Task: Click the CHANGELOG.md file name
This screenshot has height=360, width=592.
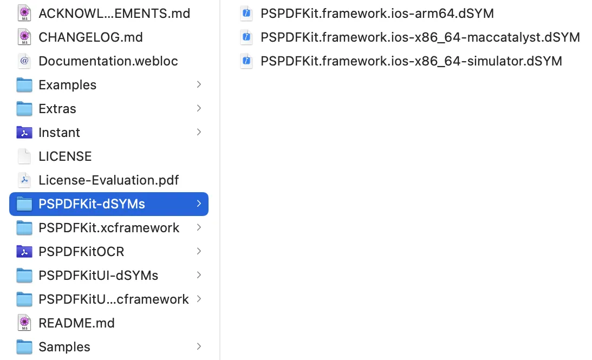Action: point(90,37)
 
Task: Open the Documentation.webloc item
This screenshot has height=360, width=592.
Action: point(108,61)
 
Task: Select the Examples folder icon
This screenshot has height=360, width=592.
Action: point(24,85)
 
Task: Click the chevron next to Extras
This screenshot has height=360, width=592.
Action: point(199,108)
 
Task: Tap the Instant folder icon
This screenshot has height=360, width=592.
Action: point(24,133)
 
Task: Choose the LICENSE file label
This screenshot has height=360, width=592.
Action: point(65,156)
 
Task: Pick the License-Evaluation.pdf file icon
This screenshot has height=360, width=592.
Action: point(24,180)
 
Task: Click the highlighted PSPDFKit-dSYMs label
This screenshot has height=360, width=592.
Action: point(92,204)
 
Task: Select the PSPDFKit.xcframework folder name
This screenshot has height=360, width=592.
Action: point(109,228)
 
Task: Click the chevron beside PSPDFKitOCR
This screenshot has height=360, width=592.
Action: point(199,251)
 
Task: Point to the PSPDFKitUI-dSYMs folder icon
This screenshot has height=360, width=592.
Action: point(24,276)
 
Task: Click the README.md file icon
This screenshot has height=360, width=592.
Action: point(24,323)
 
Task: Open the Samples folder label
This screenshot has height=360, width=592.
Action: point(64,347)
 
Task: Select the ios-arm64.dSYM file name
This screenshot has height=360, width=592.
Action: point(377,14)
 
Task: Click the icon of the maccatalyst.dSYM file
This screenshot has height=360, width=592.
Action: point(246,37)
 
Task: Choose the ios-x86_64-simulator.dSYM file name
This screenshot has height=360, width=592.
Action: point(411,61)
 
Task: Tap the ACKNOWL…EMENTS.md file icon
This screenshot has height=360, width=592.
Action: point(24,14)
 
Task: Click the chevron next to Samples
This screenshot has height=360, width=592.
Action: point(199,346)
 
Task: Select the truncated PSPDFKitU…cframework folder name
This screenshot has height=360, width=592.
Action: point(114,299)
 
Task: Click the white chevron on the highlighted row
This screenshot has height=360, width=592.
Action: point(199,204)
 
